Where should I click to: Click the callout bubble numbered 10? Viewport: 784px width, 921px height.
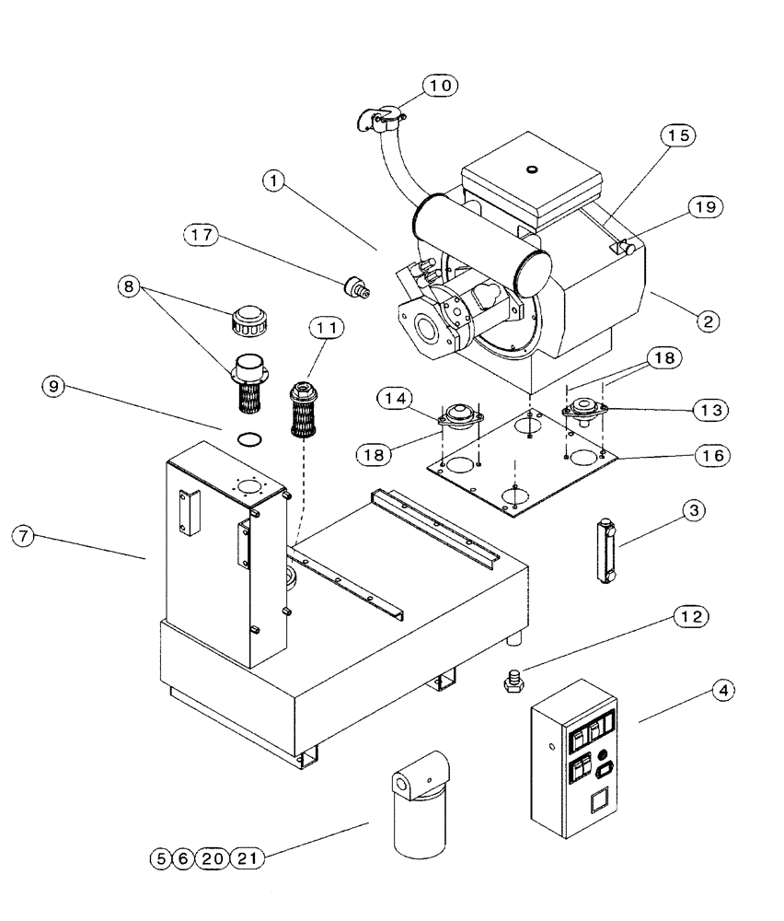point(440,86)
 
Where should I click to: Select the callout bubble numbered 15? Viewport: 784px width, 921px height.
point(677,135)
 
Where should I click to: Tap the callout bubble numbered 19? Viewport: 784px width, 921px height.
point(705,208)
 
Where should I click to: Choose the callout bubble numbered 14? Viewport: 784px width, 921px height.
point(394,398)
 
